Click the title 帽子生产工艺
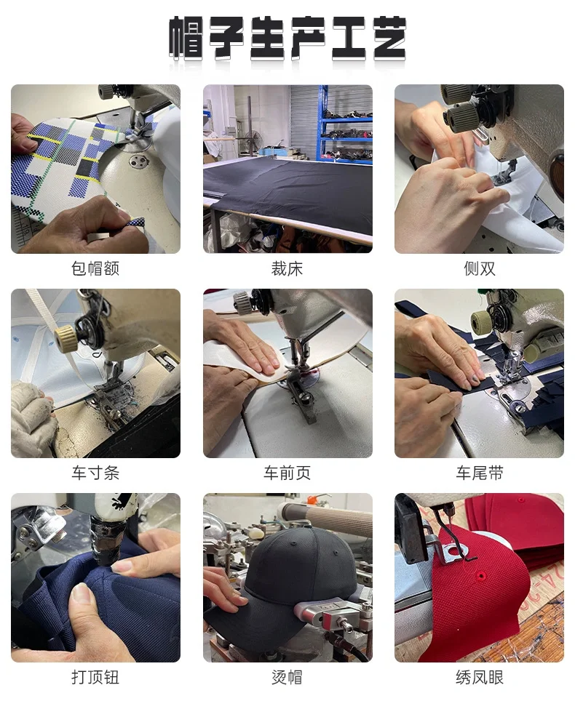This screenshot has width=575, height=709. (x=287, y=38)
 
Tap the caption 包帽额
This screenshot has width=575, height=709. (x=95, y=269)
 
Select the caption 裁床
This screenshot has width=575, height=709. (x=287, y=269)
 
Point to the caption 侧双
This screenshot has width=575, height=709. (x=479, y=269)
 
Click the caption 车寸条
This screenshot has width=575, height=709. (x=95, y=473)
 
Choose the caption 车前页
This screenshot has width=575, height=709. (x=287, y=473)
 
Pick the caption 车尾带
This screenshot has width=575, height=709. (x=479, y=473)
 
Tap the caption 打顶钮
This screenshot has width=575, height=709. (x=95, y=678)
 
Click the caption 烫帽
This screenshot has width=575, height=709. (x=287, y=678)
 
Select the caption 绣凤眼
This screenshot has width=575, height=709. (x=479, y=678)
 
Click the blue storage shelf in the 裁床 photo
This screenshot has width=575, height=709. (x=346, y=124)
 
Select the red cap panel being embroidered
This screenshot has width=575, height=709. (x=473, y=596)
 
